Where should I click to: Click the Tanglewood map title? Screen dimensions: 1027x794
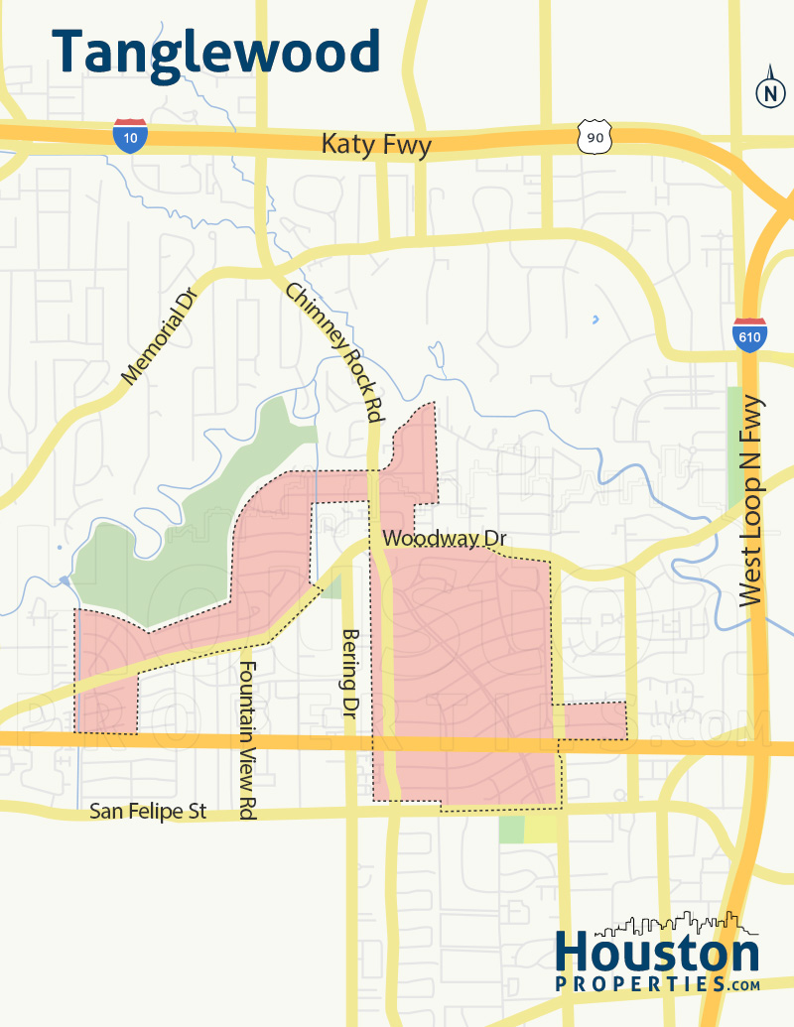pos(215,53)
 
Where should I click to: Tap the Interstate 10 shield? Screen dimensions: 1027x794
pos(130,135)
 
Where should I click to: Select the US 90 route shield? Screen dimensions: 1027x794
pos(594,138)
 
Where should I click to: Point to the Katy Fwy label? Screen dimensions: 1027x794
pos(376,146)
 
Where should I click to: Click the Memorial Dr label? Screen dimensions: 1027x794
pos(161,332)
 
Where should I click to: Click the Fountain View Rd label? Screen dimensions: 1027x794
pos(248,739)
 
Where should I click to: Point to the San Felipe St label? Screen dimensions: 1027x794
pos(148,811)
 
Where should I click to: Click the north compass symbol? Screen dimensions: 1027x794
pos(769,92)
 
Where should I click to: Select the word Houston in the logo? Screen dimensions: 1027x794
pos(656,954)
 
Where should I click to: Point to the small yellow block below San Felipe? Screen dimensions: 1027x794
pos(540,829)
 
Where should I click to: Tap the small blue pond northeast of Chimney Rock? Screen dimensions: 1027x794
pos(595,320)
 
